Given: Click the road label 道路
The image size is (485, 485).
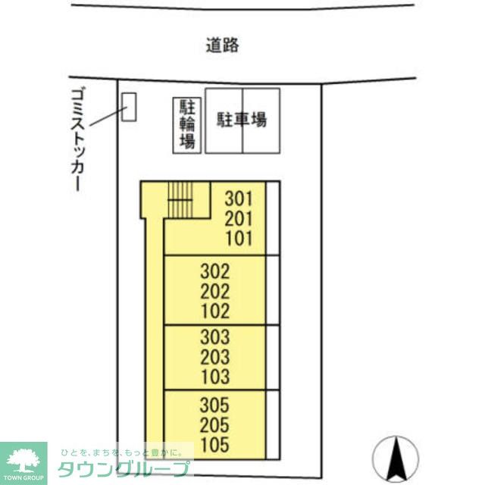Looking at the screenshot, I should (x=222, y=45).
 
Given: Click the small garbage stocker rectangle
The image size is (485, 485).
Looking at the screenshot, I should (x=129, y=107).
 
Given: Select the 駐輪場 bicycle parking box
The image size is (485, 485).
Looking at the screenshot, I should (x=187, y=124).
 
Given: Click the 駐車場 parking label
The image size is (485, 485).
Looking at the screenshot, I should (x=242, y=120).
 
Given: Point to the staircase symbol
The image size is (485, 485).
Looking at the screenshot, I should (x=180, y=201).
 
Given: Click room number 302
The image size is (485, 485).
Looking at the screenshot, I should (x=214, y=271).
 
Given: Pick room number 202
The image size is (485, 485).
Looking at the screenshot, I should (x=214, y=290).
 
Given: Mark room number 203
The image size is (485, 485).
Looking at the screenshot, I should (x=214, y=357).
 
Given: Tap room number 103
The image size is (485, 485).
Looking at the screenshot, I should (x=214, y=377).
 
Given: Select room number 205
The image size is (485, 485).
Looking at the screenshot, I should (x=214, y=424).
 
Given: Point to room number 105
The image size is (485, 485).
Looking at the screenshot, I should (x=214, y=444).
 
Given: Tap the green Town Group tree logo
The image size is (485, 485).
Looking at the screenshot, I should (x=23, y=459).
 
